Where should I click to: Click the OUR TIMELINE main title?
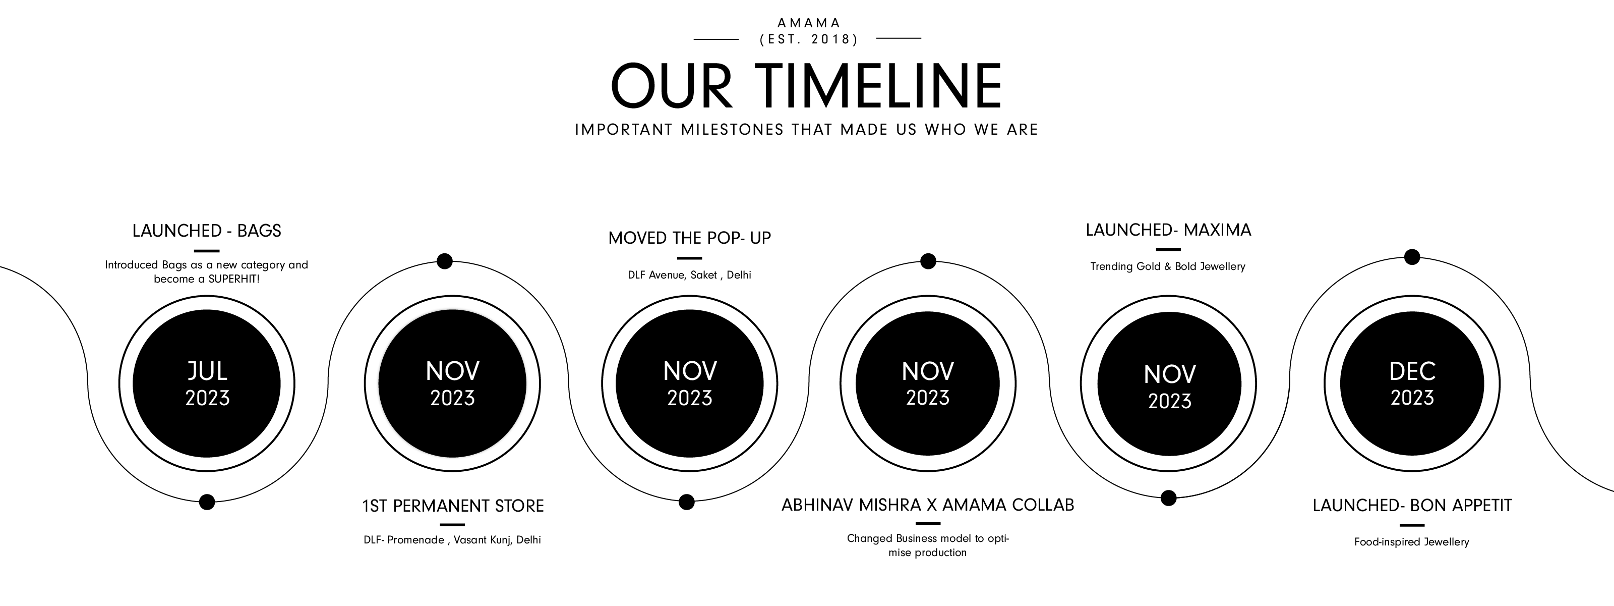pyautogui.click(x=806, y=86)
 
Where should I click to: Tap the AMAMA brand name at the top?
pyautogui.click(x=809, y=23)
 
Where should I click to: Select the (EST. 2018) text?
pyautogui.click(x=808, y=39)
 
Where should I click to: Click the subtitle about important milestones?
pyautogui.click(x=806, y=130)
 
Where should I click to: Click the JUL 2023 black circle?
pyautogui.click(x=207, y=383)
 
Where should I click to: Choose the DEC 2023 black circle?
pyautogui.click(x=1412, y=383)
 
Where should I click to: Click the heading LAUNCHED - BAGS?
pyautogui.click(x=207, y=231)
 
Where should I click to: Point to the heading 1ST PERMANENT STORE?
pyautogui.click(x=452, y=506)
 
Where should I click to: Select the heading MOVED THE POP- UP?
pyautogui.click(x=689, y=238)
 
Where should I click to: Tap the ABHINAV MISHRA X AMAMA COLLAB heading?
pyautogui.click(x=927, y=505)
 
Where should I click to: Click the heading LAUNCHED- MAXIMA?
pyautogui.click(x=1168, y=230)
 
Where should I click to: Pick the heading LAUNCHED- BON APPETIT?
pyautogui.click(x=1412, y=505)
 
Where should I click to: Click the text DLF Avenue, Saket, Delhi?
pyautogui.click(x=689, y=275)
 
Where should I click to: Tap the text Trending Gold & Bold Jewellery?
pyautogui.click(x=1168, y=266)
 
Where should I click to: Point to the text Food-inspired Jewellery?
pyautogui.click(x=1412, y=542)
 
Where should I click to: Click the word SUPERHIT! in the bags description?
pyautogui.click(x=233, y=279)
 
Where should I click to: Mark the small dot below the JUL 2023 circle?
pyautogui.click(x=207, y=502)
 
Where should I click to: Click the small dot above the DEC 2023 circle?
pyautogui.click(x=1412, y=257)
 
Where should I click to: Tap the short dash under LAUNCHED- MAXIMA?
pyautogui.click(x=1168, y=249)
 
